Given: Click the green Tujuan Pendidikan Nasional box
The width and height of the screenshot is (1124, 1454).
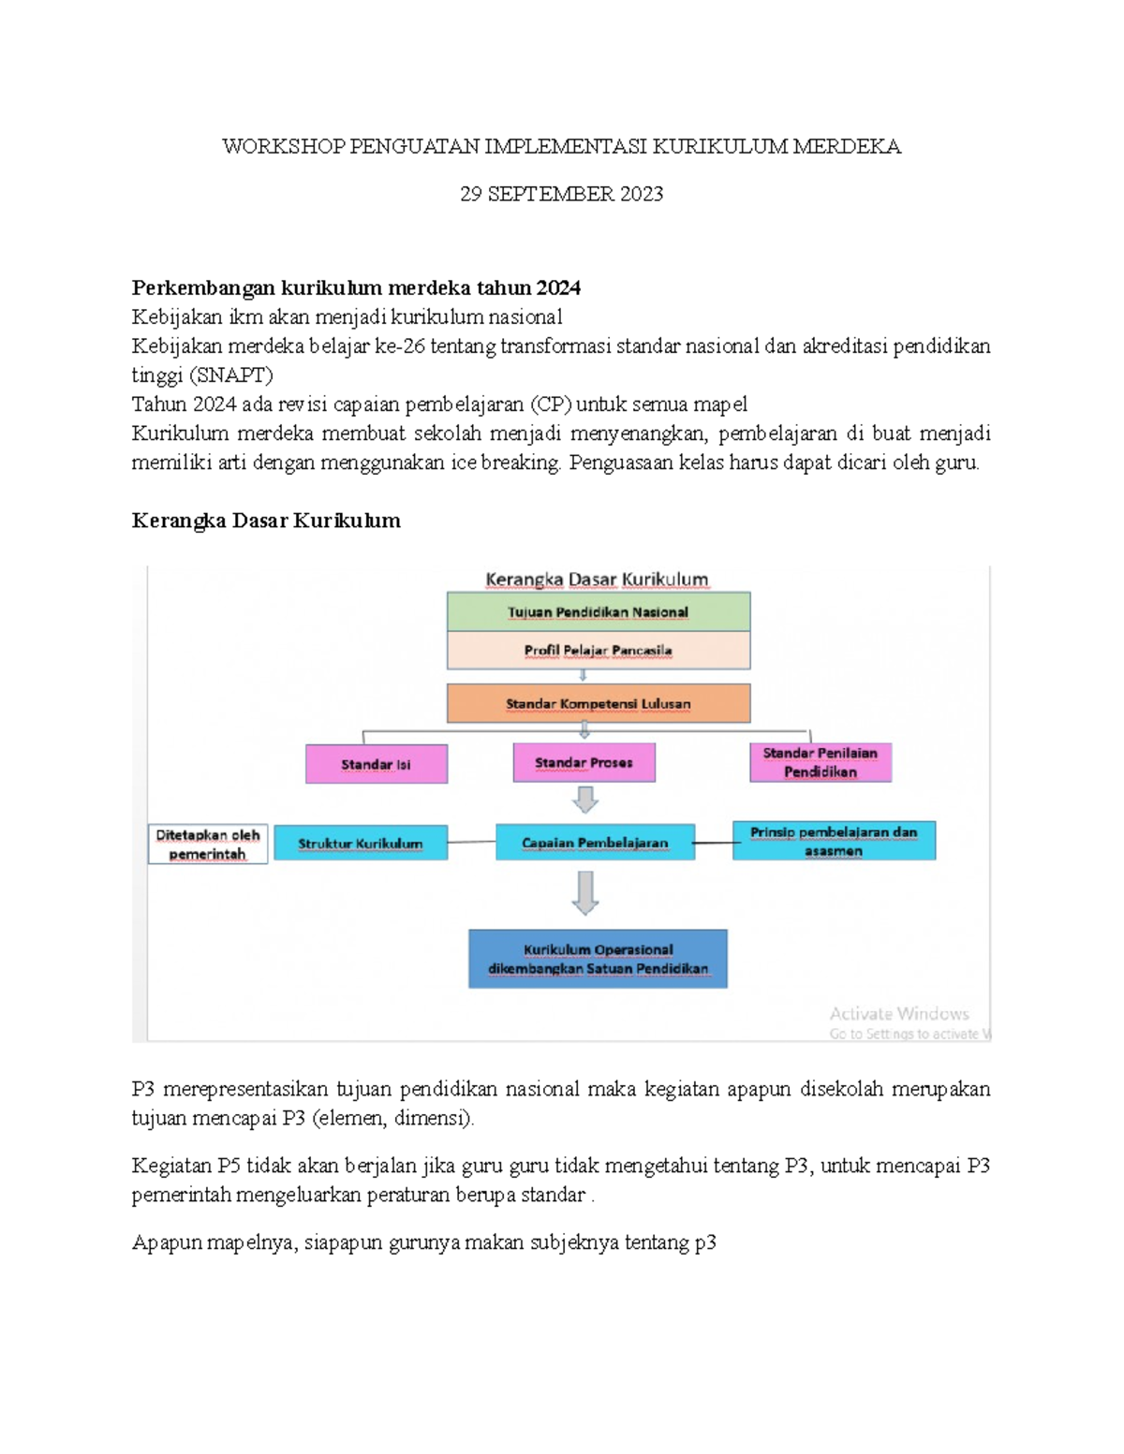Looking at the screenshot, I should pyautogui.click(x=599, y=611).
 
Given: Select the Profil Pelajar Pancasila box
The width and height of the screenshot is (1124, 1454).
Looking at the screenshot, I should pyautogui.click(x=599, y=650).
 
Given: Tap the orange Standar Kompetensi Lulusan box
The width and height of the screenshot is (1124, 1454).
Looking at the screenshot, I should pyautogui.click(x=599, y=703).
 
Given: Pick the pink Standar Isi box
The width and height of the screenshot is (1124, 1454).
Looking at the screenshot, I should pyautogui.click(x=377, y=764).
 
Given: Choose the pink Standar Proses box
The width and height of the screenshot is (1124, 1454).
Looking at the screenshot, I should pyautogui.click(x=584, y=763).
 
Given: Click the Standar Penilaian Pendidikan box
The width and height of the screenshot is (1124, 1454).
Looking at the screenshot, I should pyautogui.click(x=821, y=762).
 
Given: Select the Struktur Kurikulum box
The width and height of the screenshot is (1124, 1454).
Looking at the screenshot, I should pyautogui.click(x=361, y=843).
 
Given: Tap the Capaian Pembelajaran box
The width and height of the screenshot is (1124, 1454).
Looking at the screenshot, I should pyautogui.click(x=595, y=842).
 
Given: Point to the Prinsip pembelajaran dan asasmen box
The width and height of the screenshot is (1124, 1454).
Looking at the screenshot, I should pyautogui.click(x=834, y=841).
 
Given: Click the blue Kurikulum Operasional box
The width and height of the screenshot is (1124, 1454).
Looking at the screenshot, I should pyautogui.click(x=598, y=959).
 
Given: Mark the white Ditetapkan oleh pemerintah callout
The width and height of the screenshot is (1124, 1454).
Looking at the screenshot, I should pyautogui.click(x=208, y=844).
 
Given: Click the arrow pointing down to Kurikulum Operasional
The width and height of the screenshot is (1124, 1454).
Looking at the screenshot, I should pyautogui.click(x=585, y=893).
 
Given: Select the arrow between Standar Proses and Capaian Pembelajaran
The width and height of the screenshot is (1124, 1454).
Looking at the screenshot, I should pyautogui.click(x=585, y=800).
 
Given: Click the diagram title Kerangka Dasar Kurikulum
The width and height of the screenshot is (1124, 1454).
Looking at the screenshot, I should pyautogui.click(x=597, y=580).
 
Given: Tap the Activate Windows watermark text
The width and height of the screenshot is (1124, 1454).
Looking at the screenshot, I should pyautogui.click(x=899, y=1013).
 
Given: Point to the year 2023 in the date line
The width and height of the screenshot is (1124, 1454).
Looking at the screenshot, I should pyautogui.click(x=641, y=194).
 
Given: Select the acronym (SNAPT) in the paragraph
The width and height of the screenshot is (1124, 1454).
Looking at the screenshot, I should pyautogui.click(x=230, y=375).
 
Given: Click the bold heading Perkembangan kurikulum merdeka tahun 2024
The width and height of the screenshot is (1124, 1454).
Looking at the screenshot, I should pyautogui.click(x=356, y=287).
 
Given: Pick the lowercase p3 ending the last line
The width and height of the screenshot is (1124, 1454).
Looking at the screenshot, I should pyautogui.click(x=705, y=1242).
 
